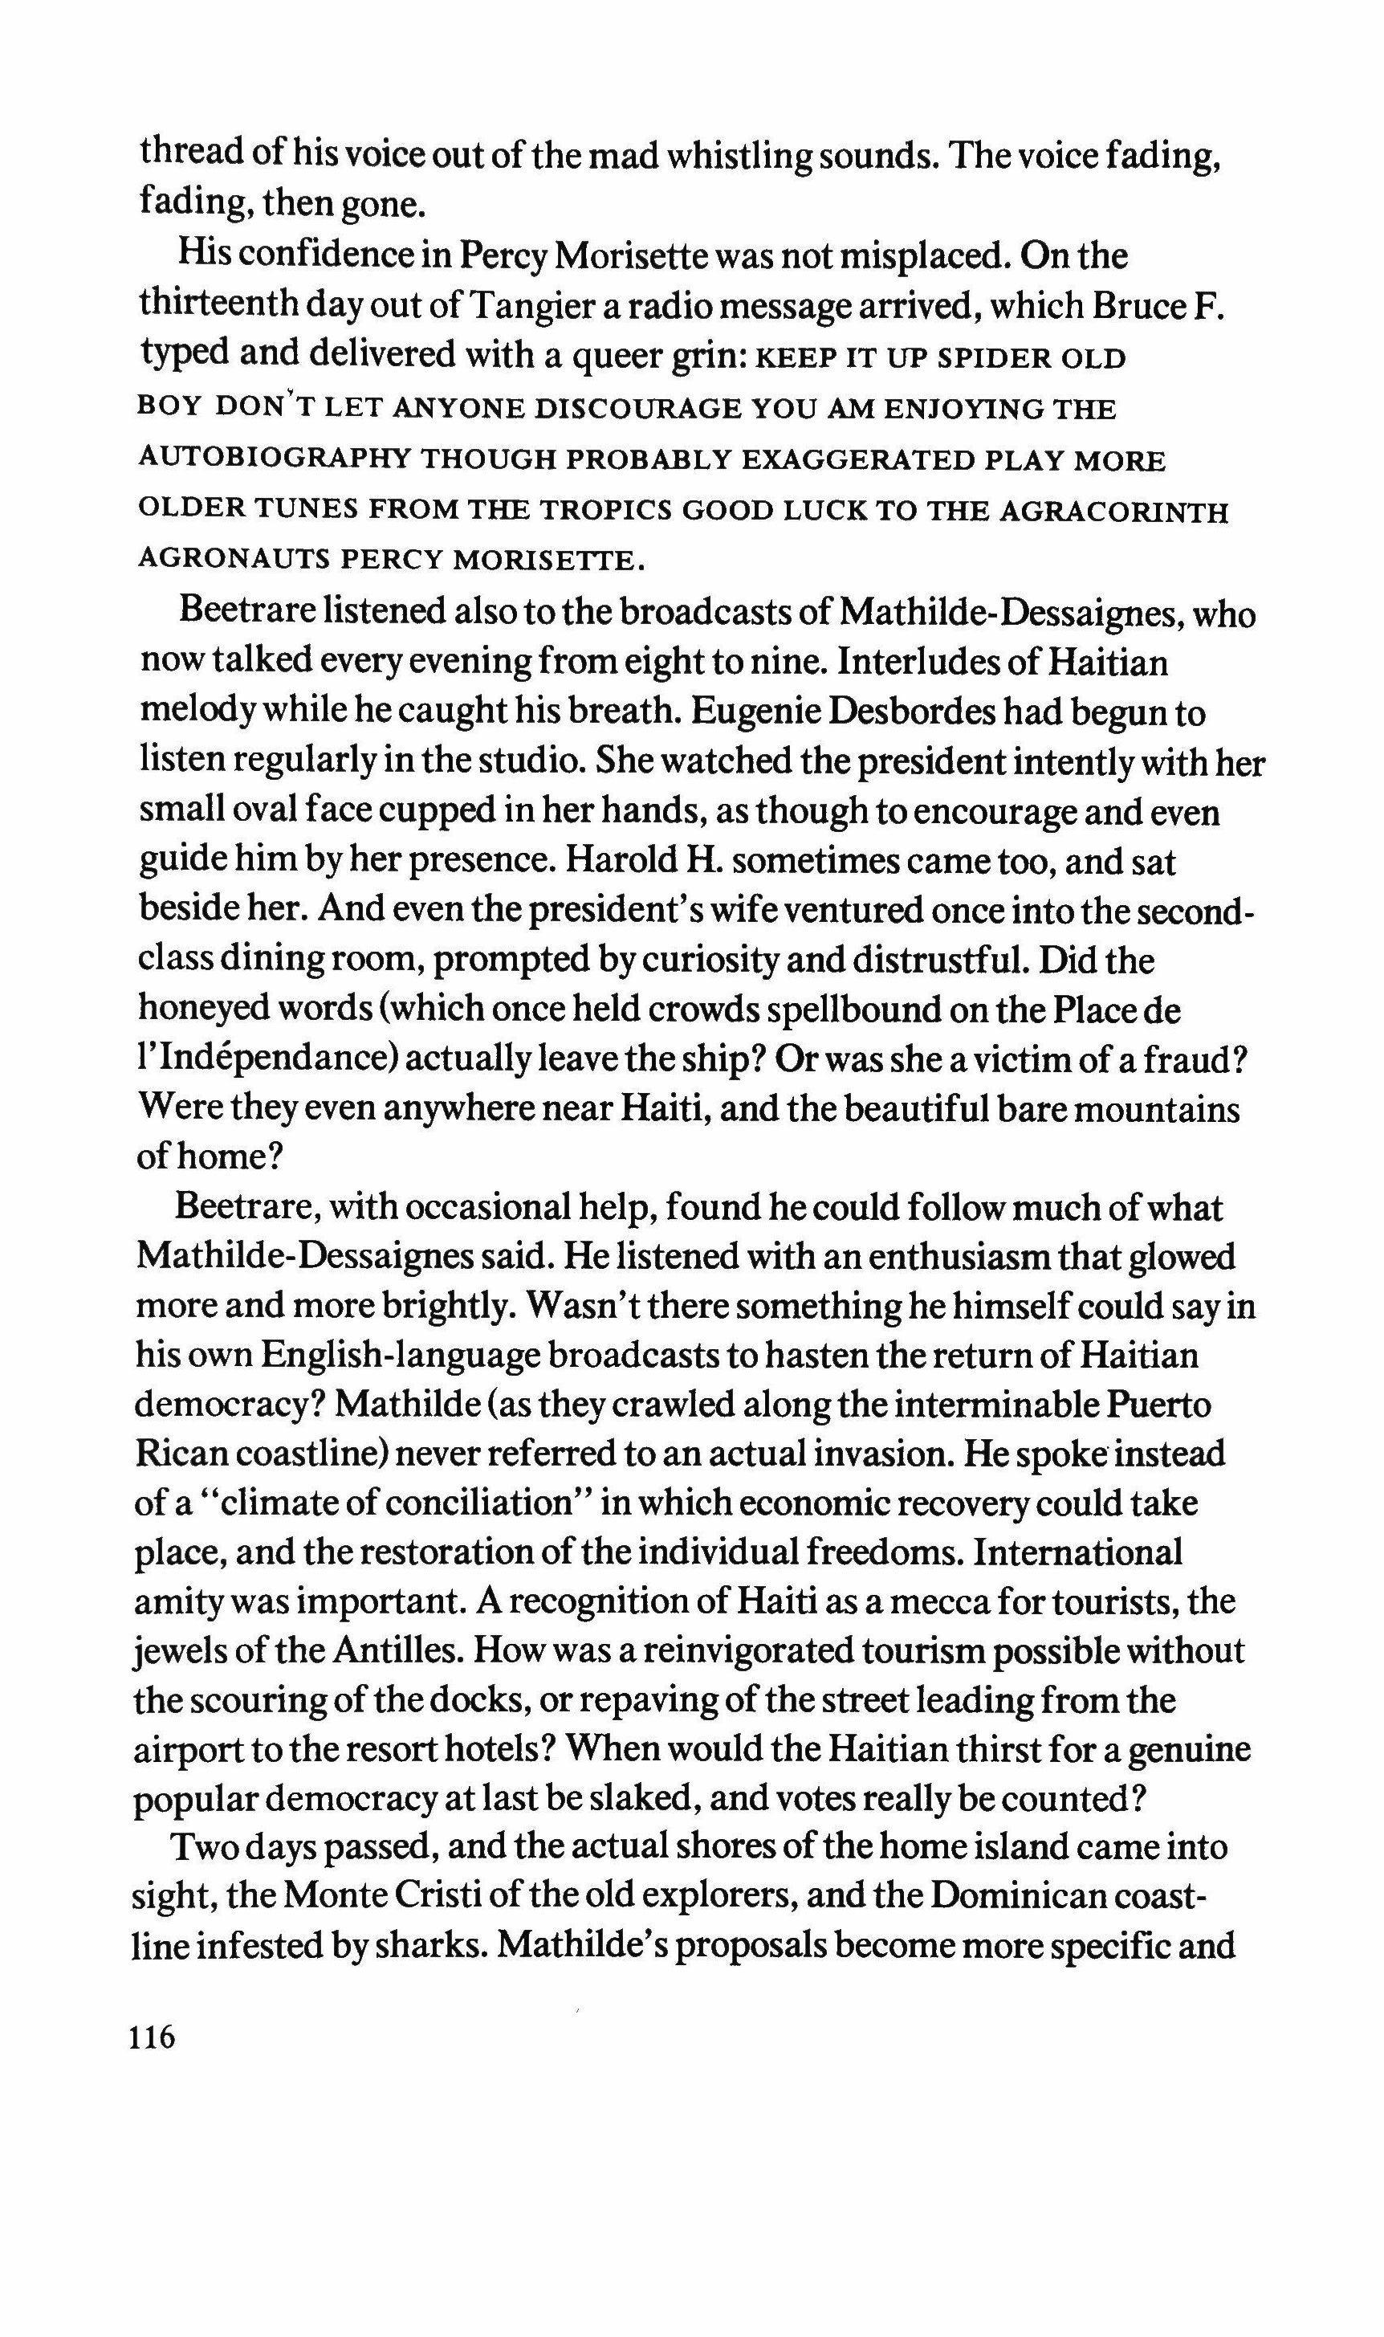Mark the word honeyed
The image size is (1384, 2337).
pos(197,1010)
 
